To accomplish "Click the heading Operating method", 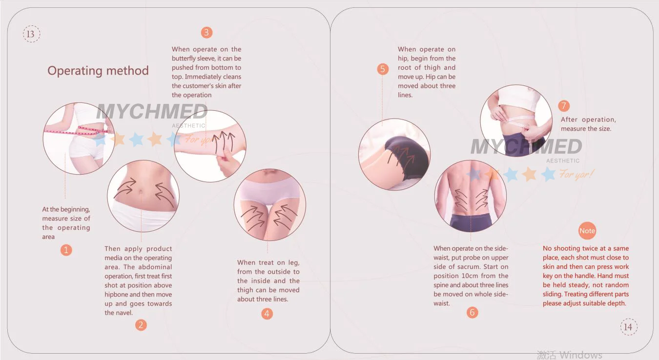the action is click(98, 71).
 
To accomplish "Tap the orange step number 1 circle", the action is click(66, 250).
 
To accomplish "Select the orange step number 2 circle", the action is click(141, 325).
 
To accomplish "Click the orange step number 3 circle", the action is click(206, 32).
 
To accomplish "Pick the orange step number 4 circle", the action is click(267, 314).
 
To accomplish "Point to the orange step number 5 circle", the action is click(383, 69).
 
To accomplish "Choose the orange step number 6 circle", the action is click(472, 312).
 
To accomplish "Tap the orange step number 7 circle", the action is click(564, 106).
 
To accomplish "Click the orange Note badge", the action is click(587, 231).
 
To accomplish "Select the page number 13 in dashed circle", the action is click(31, 34).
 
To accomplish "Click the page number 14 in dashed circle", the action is click(629, 327).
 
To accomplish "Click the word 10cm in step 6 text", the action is click(471, 276).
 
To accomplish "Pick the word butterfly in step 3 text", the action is click(183, 59).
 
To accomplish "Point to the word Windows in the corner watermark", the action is click(581, 355).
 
